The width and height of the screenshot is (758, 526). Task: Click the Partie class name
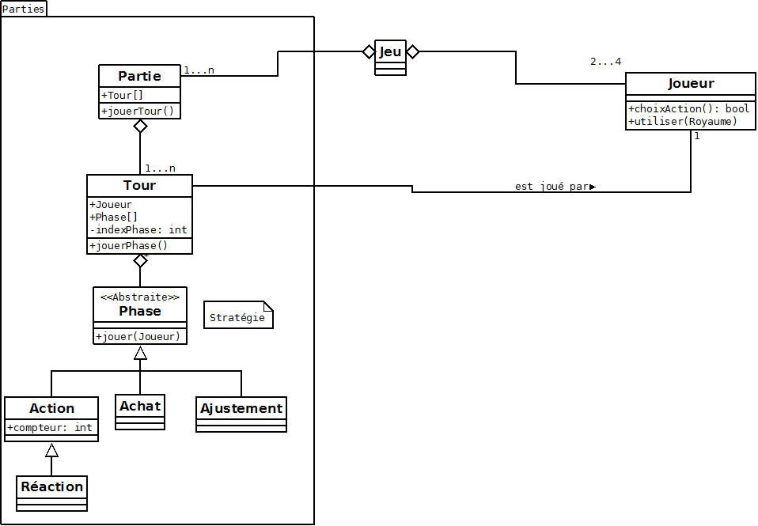(139, 76)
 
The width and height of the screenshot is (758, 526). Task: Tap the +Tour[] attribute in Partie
(123, 96)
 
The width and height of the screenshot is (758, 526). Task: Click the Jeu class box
(390, 56)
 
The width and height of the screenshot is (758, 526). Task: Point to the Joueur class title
(691, 83)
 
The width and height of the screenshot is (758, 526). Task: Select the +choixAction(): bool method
(688, 108)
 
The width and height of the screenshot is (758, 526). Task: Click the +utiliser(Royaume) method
(683, 121)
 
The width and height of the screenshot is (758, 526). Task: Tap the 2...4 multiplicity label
(606, 62)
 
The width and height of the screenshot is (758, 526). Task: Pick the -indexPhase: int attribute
(138, 229)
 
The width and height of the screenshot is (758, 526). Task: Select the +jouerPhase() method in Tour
(129, 245)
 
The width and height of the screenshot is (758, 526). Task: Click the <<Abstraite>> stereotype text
(140, 297)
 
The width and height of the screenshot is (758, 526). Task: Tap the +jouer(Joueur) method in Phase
(138, 336)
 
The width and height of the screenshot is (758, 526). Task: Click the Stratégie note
(237, 318)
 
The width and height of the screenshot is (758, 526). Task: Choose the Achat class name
(140, 406)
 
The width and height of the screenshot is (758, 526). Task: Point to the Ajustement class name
(241, 408)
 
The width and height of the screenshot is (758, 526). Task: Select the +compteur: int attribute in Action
(51, 427)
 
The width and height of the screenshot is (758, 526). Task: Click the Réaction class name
(52, 486)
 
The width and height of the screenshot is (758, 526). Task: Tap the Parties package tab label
(24, 9)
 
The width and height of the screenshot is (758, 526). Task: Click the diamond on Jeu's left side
(368, 51)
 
